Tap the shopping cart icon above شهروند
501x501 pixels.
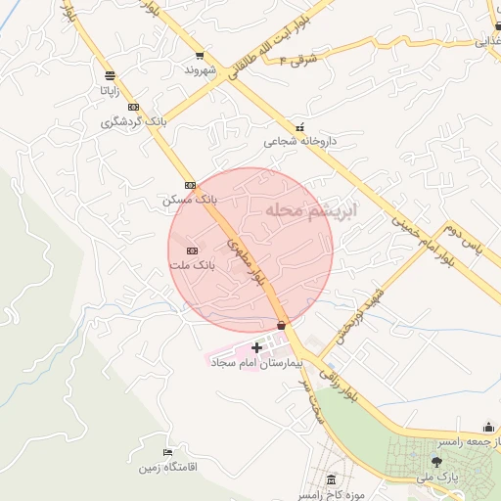[200, 56]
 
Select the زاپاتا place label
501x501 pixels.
[109, 89]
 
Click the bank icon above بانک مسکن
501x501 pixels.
[190, 184]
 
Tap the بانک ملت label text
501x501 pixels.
[191, 265]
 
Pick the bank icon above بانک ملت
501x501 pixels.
[192, 250]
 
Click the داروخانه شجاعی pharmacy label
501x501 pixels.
[299, 141]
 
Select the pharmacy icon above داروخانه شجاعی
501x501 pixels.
[299, 126]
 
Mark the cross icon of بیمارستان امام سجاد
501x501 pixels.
[257, 347]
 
